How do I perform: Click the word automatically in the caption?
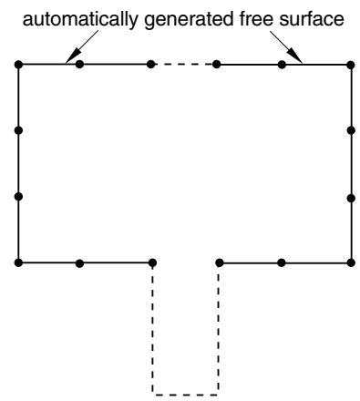pos(81,20)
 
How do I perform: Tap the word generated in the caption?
pos(188,20)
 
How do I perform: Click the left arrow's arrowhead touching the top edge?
pos(73,57)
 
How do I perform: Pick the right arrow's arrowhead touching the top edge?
pos(294,57)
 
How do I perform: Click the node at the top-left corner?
pos(18,65)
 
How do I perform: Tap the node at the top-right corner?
pos(351,65)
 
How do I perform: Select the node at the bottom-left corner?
pos(18,262)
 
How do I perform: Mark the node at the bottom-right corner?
pos(351,262)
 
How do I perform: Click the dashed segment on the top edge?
pos(183,65)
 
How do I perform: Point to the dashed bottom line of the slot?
pos(185,395)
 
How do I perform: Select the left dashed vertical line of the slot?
pos(152,330)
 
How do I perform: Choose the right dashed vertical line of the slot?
pos(219,330)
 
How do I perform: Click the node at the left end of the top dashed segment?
pos(150,65)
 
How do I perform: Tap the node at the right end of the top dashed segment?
pos(216,65)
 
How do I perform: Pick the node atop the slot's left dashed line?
pos(152,262)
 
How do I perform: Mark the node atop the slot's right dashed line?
pos(220,262)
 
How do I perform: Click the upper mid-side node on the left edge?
pos(18,130)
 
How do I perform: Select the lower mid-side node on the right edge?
pos(351,199)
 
